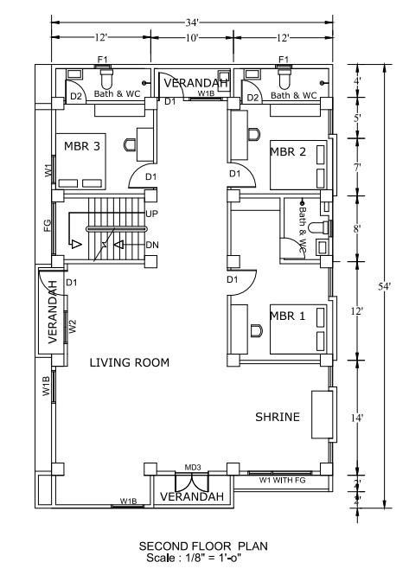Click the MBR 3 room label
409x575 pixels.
(82, 146)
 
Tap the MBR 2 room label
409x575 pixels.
(288, 152)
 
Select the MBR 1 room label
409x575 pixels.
(288, 316)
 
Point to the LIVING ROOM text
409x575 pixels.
(130, 362)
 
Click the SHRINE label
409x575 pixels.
(278, 417)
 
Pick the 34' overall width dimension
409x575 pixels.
(192, 22)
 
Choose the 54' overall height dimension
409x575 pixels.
(385, 286)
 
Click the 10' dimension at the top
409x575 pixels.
(192, 38)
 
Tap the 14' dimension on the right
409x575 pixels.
(356, 418)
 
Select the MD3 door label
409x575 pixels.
(193, 468)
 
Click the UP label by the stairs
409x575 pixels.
(152, 214)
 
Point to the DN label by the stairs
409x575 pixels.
(152, 245)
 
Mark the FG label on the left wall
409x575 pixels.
(48, 225)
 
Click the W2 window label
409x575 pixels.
(73, 327)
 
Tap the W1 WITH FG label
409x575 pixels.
(283, 480)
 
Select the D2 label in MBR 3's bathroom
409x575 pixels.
(76, 97)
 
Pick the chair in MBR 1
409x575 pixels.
(257, 331)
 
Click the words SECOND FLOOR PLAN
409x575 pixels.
(203, 546)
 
